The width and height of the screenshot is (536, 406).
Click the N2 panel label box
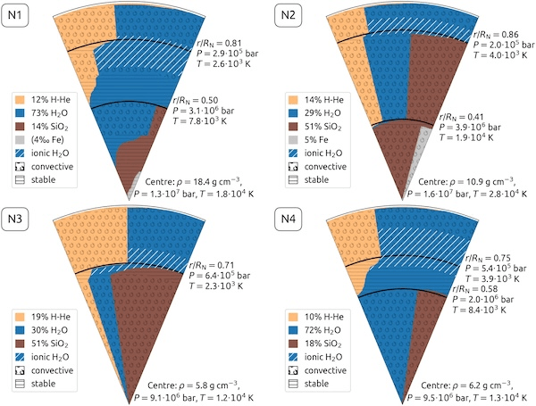click(287, 17)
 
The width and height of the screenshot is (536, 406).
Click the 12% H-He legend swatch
click(21, 98)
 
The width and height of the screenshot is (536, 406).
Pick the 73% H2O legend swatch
click(21, 113)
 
